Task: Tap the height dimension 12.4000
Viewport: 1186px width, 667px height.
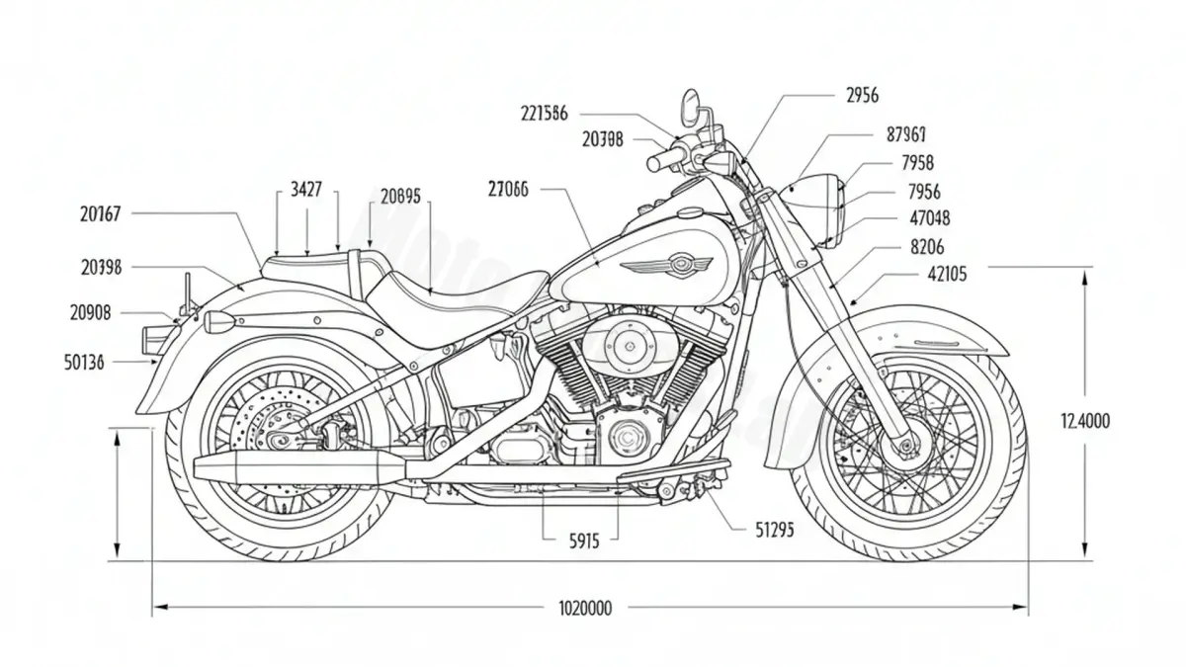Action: [x=1085, y=421]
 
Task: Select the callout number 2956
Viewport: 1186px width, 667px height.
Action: [x=862, y=95]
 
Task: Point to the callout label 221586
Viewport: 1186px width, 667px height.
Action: [x=544, y=113]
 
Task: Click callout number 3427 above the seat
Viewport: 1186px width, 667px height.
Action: [x=306, y=190]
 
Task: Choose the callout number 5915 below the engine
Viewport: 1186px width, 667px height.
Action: [x=584, y=541]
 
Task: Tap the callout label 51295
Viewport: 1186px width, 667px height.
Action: [x=774, y=530]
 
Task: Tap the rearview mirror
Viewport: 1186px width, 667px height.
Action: [x=691, y=106]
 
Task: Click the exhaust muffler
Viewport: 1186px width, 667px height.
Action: [x=296, y=467]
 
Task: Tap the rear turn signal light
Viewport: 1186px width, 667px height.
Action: [x=218, y=321]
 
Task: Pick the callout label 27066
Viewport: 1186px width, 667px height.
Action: [x=508, y=189]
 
